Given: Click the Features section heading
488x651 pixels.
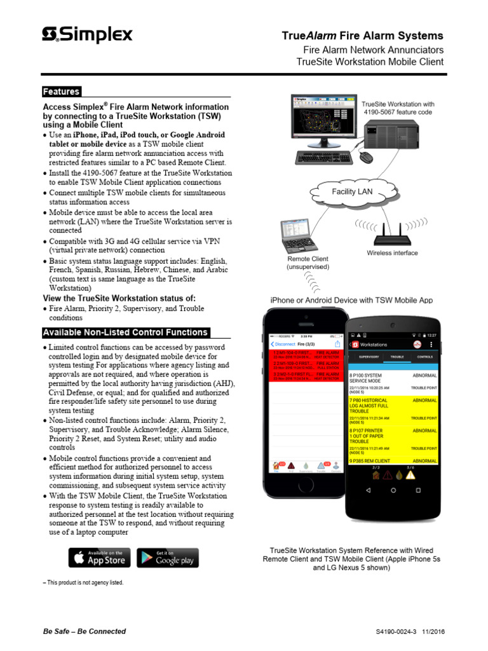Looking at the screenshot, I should [x=61, y=92].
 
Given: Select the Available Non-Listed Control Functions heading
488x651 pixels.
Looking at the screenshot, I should [x=125, y=332].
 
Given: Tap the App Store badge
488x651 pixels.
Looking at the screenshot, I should [x=100, y=558].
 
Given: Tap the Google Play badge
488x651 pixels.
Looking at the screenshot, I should [x=168, y=558].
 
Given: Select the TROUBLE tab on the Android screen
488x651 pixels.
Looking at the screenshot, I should [x=397, y=357].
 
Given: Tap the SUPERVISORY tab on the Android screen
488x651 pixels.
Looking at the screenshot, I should [x=369, y=357].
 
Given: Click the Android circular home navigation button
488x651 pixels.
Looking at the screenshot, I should [x=394, y=491].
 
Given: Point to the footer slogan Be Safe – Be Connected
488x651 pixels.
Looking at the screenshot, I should [x=84, y=631].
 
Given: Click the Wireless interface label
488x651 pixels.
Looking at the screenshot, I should [x=392, y=253].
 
